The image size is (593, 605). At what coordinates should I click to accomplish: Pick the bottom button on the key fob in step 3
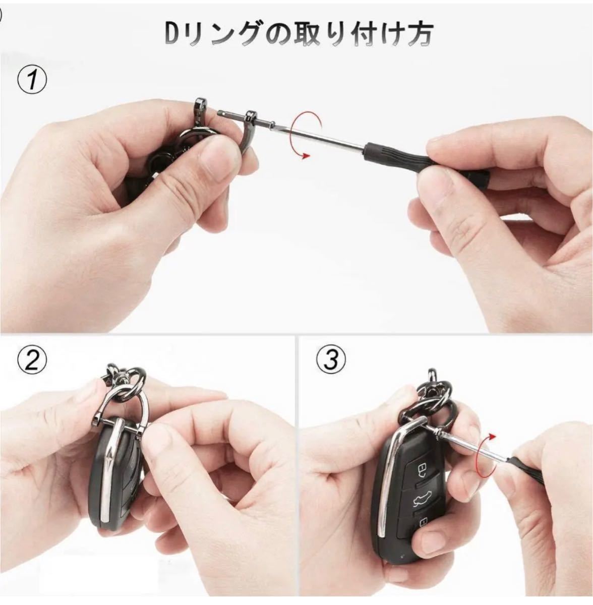pyautogui.click(x=424, y=522)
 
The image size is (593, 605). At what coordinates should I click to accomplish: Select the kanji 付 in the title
pyautogui.click(x=356, y=35)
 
